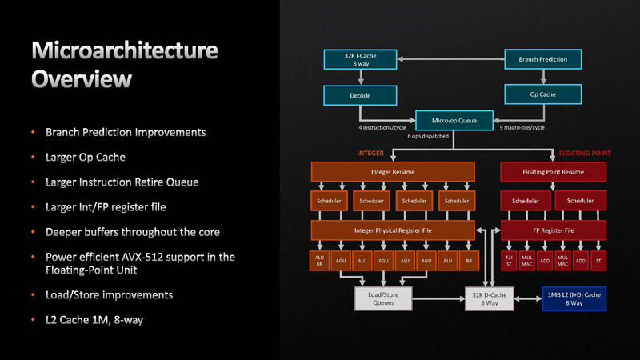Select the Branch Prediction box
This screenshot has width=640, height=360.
543,59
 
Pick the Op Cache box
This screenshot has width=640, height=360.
543,94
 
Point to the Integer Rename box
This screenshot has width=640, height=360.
393,172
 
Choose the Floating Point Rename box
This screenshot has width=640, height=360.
553,172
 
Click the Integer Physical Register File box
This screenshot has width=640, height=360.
393,230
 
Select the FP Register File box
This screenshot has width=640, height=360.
553,230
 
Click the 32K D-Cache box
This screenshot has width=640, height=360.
490,298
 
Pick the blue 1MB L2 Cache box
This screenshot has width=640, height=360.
574,298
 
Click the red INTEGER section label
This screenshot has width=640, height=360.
370,152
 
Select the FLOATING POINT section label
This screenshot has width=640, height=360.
584,152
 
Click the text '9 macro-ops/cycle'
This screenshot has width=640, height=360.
523,126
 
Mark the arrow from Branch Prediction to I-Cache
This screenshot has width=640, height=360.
452,59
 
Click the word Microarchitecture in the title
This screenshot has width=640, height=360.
124,52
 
